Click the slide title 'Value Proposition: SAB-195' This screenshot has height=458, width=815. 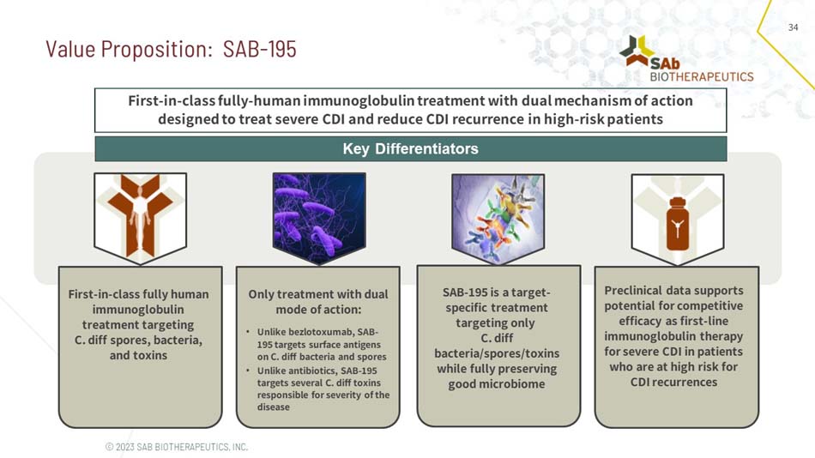click(171, 49)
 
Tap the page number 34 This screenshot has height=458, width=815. click(793, 28)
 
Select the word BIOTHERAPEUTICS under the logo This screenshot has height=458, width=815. click(701, 76)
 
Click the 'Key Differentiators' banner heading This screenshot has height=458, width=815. click(410, 149)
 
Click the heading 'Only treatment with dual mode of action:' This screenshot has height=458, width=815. click(317, 301)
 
